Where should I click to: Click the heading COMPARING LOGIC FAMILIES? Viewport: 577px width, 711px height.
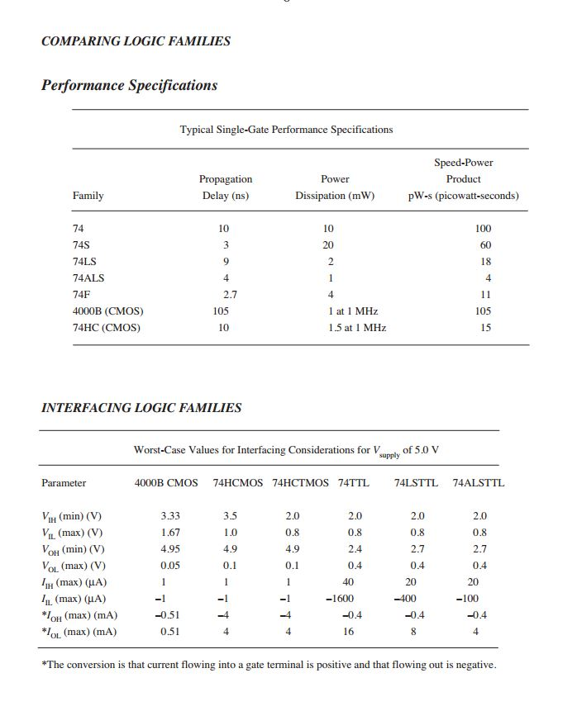pyautogui.click(x=136, y=41)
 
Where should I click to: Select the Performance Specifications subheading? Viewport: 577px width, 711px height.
pyautogui.click(x=129, y=86)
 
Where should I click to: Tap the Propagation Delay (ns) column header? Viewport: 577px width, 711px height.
pyautogui.click(x=226, y=187)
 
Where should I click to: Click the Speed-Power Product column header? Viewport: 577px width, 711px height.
pyautogui.click(x=463, y=179)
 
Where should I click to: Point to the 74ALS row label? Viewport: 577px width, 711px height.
pyautogui.click(x=88, y=278)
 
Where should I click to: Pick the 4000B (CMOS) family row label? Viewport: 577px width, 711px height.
pyautogui.click(x=107, y=311)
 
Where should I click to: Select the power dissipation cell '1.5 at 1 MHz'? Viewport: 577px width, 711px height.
pyautogui.click(x=357, y=328)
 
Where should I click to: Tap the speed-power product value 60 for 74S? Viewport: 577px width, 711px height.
pyautogui.click(x=485, y=245)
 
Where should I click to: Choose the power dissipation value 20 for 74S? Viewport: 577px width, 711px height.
pyautogui.click(x=328, y=245)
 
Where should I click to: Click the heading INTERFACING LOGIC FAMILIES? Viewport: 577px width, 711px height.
pyautogui.click(x=141, y=408)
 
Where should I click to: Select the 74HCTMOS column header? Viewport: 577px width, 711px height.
pyautogui.click(x=300, y=483)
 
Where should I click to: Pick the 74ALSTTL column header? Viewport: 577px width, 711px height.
pyautogui.click(x=478, y=483)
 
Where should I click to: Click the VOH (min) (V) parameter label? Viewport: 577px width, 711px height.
pyautogui.click(x=73, y=549)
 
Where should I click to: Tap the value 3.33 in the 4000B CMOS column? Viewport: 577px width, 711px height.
pyautogui.click(x=170, y=516)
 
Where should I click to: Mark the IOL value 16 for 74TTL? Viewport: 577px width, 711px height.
pyautogui.click(x=349, y=632)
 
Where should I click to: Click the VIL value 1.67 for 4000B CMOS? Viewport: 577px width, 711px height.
pyautogui.click(x=170, y=533)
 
